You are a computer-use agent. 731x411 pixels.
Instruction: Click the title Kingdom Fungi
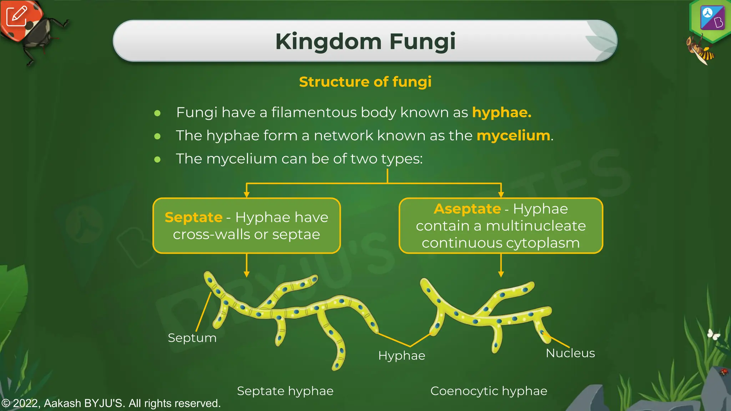(x=365, y=41)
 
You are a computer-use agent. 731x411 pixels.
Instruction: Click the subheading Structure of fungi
(x=365, y=82)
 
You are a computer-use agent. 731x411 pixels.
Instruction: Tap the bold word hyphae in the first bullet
(x=501, y=112)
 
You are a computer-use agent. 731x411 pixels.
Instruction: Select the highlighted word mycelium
(x=513, y=136)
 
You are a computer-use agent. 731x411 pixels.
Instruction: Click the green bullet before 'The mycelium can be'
(x=157, y=159)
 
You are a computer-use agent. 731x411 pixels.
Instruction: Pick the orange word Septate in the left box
(x=193, y=217)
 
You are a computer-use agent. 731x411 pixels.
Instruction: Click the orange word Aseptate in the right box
(x=467, y=209)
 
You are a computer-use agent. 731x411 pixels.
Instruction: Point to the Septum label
(x=192, y=338)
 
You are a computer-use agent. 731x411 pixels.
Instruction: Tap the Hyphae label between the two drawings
(x=402, y=355)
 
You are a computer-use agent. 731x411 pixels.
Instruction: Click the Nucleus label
(x=570, y=353)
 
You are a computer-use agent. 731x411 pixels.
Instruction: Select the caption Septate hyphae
(x=285, y=391)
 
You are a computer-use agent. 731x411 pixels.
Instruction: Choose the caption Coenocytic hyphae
(x=488, y=391)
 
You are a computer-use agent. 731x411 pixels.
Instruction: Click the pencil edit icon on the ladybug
(x=16, y=16)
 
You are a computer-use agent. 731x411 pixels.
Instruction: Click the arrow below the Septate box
(x=246, y=265)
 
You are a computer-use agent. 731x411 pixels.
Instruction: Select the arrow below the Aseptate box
(x=501, y=265)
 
